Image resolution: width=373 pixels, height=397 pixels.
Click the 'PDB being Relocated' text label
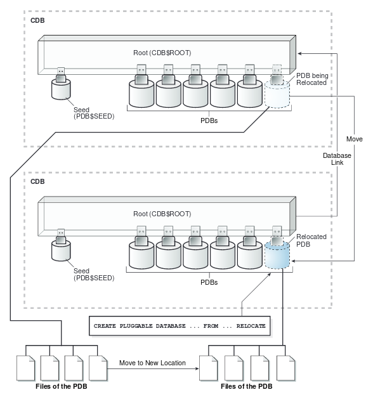[311, 78]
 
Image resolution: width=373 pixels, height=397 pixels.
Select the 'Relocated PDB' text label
[312, 240]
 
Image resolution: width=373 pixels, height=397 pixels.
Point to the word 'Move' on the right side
[354, 138]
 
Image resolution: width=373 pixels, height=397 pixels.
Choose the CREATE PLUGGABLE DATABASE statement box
[180, 325]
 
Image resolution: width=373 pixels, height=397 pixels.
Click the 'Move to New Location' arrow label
[152, 363]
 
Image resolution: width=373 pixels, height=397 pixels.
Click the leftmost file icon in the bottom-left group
[25, 368]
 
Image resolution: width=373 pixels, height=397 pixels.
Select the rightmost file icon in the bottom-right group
[285, 368]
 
